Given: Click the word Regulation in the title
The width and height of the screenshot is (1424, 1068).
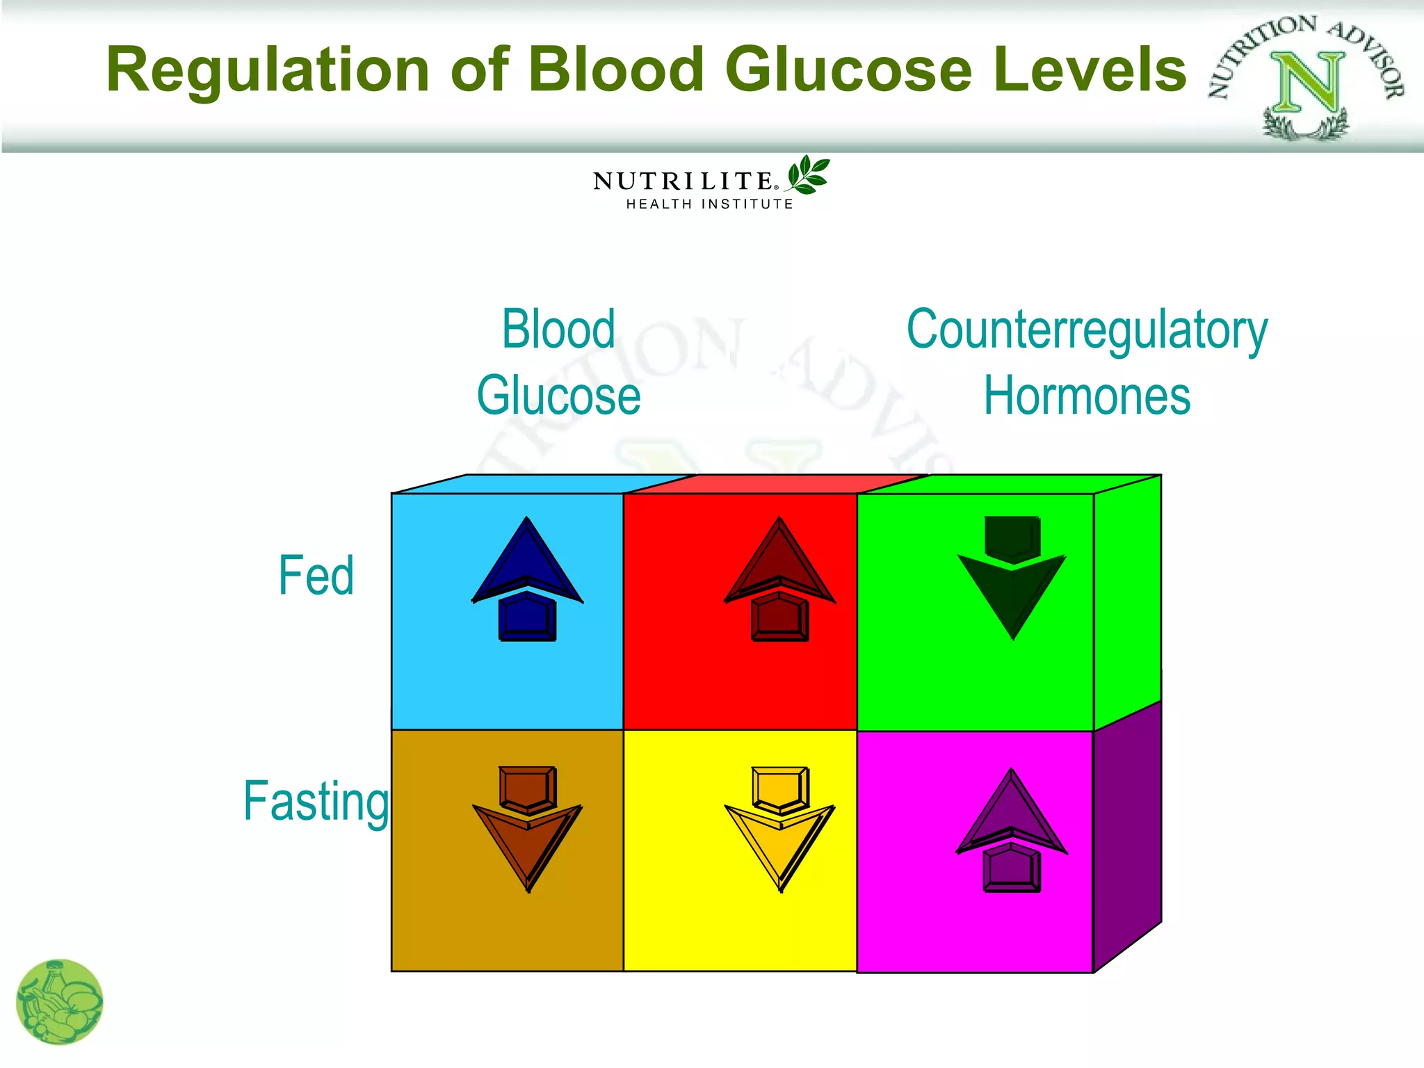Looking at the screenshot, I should coord(268,71).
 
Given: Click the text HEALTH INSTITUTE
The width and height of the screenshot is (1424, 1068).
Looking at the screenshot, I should coord(709,204).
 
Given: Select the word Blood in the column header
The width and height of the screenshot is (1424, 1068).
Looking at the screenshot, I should coord(558,329).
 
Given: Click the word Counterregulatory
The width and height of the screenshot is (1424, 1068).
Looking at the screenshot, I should coord(1087,330).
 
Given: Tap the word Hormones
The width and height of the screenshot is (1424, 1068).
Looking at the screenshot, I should coord(1087,396).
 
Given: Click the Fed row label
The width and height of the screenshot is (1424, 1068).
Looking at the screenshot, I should coord(316,576).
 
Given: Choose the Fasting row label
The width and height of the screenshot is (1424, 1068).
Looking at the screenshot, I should coord(316,801).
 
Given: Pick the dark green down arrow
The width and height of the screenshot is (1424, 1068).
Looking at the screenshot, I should coord(1012,577).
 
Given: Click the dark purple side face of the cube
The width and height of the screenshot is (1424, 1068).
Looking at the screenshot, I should coord(1126,834).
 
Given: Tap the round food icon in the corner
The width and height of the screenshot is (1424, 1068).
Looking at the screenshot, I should coord(59,1002).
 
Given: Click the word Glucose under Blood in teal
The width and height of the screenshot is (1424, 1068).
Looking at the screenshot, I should coord(558,396).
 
